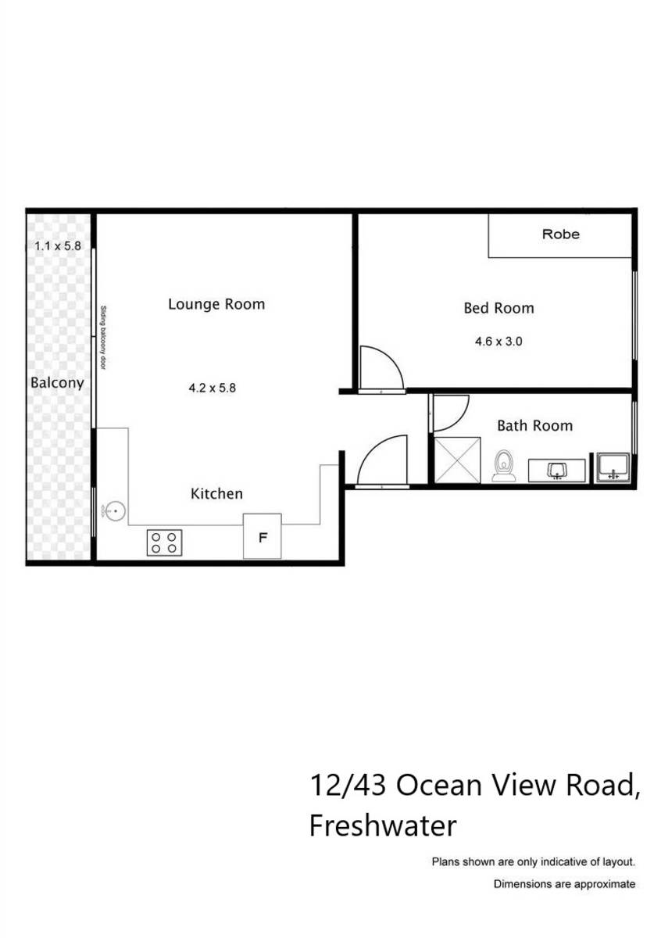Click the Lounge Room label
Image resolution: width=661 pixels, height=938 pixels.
coord(216,304)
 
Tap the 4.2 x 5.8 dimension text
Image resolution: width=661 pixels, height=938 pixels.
coord(212,387)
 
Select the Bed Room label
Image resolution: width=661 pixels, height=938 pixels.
coord(498,308)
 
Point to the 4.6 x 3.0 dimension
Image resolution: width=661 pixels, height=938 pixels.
coord(498,342)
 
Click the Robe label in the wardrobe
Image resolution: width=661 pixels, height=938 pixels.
coord(560,234)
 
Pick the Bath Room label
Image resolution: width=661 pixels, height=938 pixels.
coord(534,426)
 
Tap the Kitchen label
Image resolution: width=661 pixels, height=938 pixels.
coord(216,494)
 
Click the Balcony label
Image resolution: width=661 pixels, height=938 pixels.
coord(56,383)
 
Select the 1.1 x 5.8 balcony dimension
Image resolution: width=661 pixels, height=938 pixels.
coord(57,245)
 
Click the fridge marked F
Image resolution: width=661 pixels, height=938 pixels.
coord(263,537)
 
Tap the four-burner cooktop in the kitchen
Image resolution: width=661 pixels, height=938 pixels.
coord(165,542)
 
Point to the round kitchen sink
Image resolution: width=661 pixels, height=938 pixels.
coord(114,511)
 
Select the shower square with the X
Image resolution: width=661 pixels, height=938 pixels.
coord(456,461)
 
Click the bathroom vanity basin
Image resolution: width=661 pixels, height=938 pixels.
coord(556,471)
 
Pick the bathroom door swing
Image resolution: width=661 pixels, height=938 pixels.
coord(448,414)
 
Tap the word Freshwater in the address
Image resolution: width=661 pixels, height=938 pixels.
coord(383,825)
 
